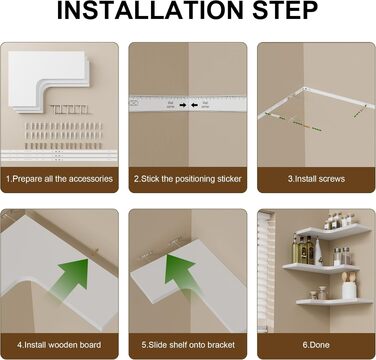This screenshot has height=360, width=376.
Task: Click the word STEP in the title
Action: coord(285,11)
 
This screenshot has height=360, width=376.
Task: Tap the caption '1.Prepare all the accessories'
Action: coord(59,179)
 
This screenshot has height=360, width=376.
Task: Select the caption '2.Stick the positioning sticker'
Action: coord(188,179)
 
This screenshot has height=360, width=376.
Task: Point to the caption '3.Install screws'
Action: coord(316,179)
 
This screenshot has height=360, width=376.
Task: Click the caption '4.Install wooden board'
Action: coord(59,345)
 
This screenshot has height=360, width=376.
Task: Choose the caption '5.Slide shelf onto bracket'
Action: coord(188,345)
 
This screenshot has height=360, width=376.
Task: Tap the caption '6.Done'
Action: coord(316,345)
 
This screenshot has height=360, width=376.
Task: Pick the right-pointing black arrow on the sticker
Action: coord(183,105)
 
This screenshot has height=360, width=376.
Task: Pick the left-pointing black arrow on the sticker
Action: coord(194,105)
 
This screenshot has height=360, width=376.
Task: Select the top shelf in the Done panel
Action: coord(333,231)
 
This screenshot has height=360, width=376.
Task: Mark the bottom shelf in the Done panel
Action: coord(334,302)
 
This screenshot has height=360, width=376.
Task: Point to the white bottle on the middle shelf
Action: coord(318,253)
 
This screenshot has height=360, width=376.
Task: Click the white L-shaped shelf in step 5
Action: coord(188,283)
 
